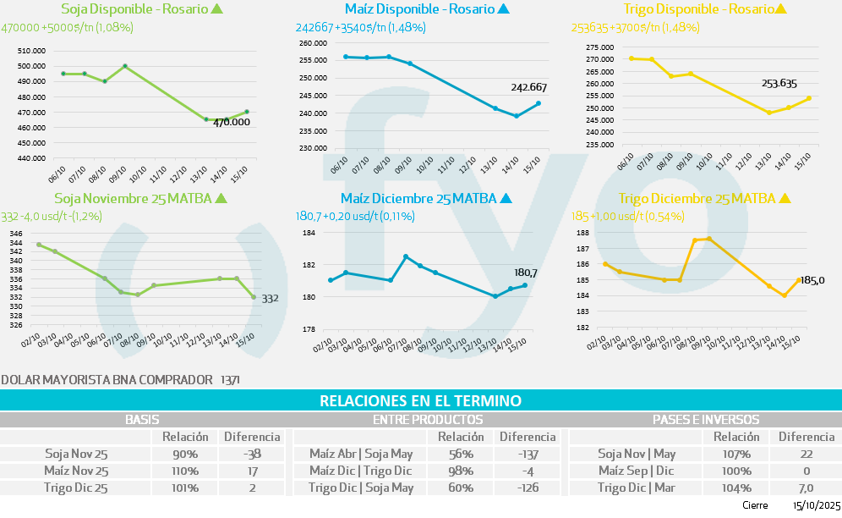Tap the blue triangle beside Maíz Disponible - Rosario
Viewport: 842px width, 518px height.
[504, 9]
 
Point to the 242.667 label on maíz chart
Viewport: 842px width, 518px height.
[529, 88]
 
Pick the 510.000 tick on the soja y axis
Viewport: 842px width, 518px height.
[31, 51]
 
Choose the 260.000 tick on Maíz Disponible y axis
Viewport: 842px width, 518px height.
[314, 43]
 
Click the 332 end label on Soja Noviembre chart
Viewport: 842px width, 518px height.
[270, 299]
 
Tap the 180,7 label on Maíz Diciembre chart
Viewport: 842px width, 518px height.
[526, 273]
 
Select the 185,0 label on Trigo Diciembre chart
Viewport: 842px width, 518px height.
[812, 279]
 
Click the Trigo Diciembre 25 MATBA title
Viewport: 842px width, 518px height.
[697, 198]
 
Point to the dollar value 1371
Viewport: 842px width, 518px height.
[230, 380]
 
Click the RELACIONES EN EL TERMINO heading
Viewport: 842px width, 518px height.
[420, 400]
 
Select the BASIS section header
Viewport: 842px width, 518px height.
[142, 419]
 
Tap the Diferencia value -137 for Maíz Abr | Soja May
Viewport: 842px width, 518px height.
[528, 454]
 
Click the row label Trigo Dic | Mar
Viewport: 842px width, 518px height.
[635, 488]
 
